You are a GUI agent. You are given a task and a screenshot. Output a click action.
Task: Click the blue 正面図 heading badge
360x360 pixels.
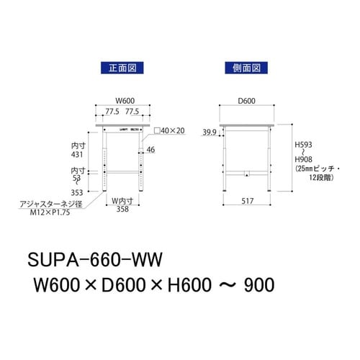pos(121,69)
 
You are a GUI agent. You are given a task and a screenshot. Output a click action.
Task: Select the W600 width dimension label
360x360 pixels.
pos(123,101)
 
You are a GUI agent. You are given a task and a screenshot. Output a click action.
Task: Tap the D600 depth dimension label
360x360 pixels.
pos(247,101)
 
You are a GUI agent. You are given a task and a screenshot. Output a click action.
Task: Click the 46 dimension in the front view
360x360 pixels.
pos(150,150)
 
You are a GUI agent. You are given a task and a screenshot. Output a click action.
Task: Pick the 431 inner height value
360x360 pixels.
pos(79,154)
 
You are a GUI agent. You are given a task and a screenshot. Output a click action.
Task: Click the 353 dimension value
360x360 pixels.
pos(78,192)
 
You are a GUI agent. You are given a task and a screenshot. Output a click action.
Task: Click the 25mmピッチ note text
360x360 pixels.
pos(313,168)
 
